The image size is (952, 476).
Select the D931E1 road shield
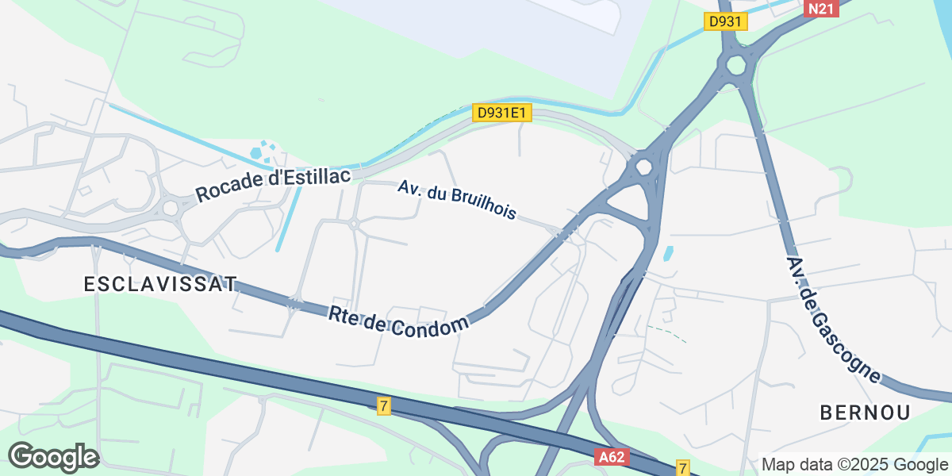[x=502, y=113]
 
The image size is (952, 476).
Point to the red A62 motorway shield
[x=611, y=458]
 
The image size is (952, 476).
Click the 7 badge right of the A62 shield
[x=683, y=466]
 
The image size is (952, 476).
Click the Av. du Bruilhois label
[x=457, y=200]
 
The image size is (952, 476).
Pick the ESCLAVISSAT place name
[x=161, y=284]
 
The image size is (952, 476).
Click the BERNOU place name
[x=865, y=412]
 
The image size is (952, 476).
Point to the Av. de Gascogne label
[x=834, y=319]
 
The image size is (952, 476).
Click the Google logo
[x=53, y=457]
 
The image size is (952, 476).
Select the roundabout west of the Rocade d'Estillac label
[x=170, y=208]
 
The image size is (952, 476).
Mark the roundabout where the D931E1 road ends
[x=643, y=167]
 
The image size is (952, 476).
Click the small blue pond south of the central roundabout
[x=668, y=255]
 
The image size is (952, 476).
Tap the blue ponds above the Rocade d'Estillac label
[x=263, y=150]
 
